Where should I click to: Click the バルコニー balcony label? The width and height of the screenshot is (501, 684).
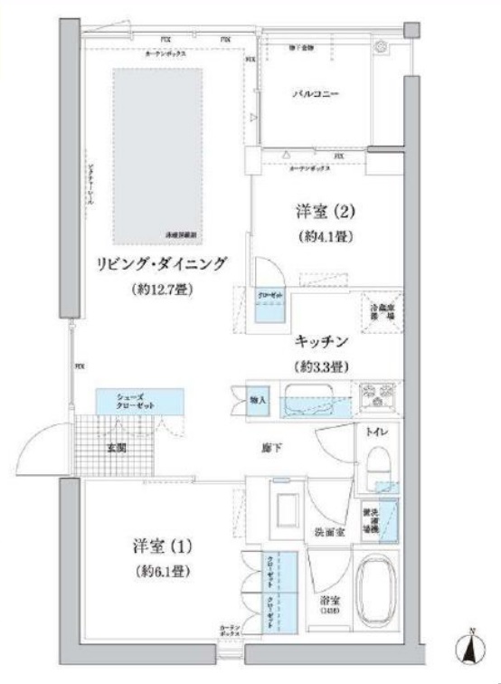click(x=315, y=93)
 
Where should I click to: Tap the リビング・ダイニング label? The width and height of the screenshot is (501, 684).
click(x=162, y=265)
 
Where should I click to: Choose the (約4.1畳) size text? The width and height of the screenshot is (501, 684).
click(x=324, y=237)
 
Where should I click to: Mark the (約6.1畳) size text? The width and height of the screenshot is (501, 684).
click(x=164, y=572)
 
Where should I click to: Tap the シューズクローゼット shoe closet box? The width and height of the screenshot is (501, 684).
click(x=139, y=402)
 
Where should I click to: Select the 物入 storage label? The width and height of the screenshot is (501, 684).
click(x=258, y=400)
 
